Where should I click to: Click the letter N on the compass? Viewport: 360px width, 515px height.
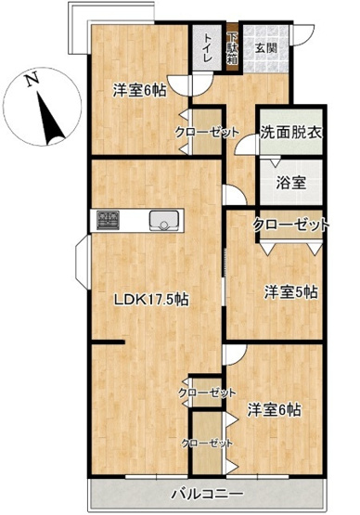click(x=30, y=80)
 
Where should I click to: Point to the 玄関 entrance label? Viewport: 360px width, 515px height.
click(x=266, y=46)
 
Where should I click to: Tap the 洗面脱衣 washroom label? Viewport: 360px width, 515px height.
click(x=290, y=134)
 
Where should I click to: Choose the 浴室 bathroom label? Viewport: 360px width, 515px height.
click(x=290, y=182)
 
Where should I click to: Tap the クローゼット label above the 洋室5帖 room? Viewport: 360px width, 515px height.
click(x=291, y=225)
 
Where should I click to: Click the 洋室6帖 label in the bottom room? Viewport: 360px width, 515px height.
click(x=278, y=408)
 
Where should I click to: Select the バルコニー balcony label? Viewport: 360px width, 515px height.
click(x=207, y=493)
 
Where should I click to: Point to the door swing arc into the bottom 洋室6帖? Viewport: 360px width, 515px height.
click(x=234, y=355)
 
